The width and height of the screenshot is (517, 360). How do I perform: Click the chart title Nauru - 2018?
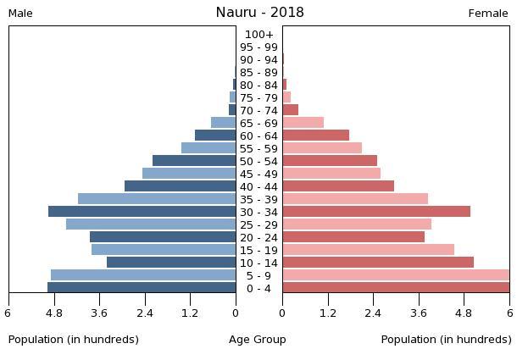[x=258, y=12]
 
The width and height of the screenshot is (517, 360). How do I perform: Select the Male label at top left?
[x=20, y=14]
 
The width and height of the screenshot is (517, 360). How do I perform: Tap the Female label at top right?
[x=488, y=14]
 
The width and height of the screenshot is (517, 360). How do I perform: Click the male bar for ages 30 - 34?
[x=142, y=212]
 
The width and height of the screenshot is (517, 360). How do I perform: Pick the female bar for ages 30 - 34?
[x=376, y=212]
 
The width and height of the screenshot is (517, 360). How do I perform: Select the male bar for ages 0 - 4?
[x=142, y=288]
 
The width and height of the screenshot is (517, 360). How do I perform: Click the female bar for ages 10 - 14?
[x=378, y=263]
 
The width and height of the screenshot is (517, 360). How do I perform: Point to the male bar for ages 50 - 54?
[x=194, y=161]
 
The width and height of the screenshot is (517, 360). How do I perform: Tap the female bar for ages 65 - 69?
[x=303, y=123]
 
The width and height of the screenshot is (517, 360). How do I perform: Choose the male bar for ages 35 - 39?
[x=157, y=199]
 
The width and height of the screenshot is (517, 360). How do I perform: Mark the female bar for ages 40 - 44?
[x=338, y=186]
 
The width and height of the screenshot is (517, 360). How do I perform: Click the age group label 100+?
[x=258, y=35]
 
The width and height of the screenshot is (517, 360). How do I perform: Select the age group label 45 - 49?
[x=258, y=174]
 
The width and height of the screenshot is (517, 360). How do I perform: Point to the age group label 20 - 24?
[x=258, y=238]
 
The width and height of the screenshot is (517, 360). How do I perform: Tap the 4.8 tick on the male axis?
[x=54, y=312]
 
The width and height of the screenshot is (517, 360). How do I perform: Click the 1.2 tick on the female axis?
[x=327, y=312]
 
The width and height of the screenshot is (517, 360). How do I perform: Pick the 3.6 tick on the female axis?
[x=419, y=312]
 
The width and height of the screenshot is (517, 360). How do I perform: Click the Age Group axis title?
[x=258, y=340]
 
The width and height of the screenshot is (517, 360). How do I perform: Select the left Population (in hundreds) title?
[x=74, y=340]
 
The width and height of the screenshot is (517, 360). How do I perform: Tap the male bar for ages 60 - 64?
[x=215, y=136]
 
